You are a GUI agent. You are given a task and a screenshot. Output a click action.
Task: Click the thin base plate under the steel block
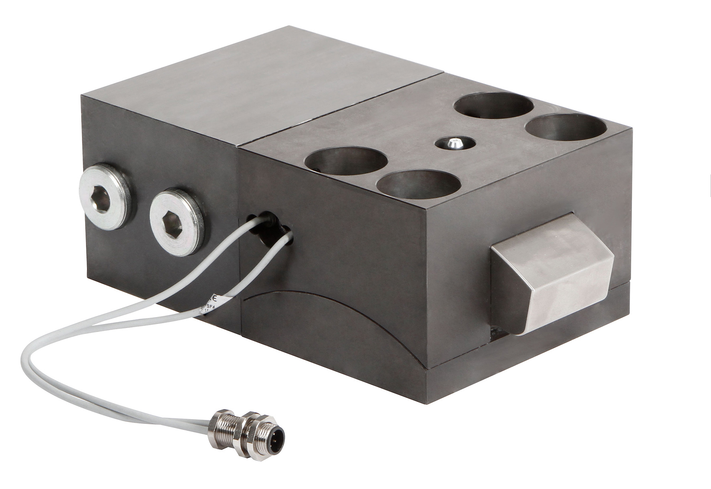522,361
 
